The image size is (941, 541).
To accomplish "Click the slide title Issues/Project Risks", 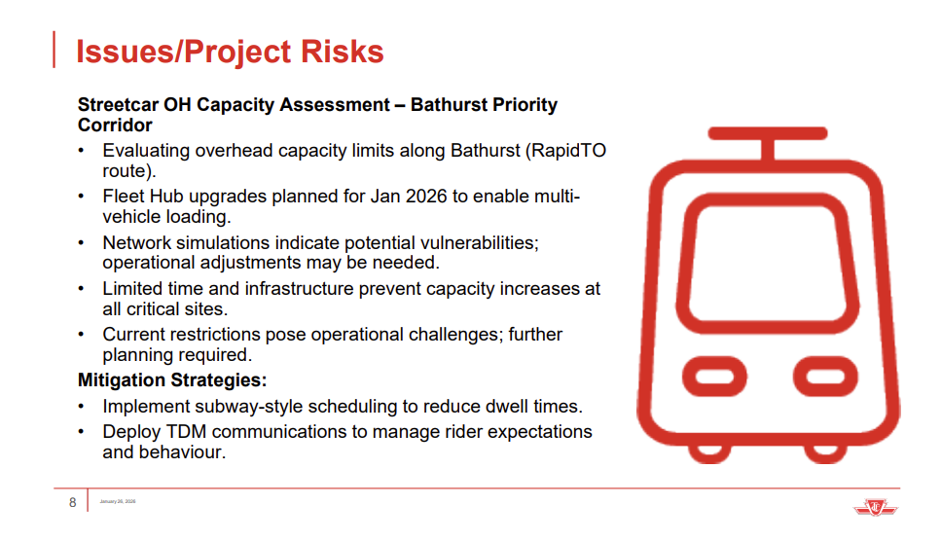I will [230, 51].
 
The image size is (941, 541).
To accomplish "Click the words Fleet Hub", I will [139, 197].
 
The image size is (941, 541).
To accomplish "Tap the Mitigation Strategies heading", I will [172, 380].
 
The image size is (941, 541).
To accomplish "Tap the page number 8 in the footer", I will [72, 502].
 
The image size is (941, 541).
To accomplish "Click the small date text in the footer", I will [118, 502].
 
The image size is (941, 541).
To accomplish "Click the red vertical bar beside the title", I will [54, 50].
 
